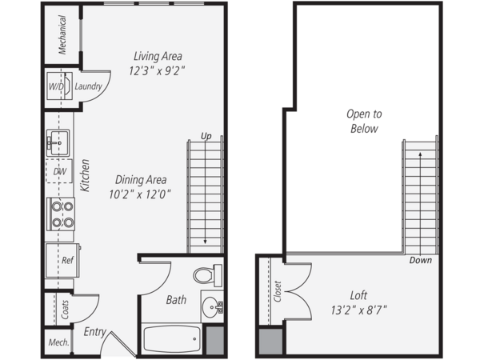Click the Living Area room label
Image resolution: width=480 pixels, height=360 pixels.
click(x=158, y=56)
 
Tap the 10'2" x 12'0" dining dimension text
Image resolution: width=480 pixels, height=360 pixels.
click(x=140, y=194)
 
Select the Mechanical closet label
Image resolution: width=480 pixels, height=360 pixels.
click(x=62, y=35)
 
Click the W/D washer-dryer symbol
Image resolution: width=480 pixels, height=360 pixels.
click(x=59, y=86)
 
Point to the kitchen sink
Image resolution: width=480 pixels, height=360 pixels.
click(x=58, y=143)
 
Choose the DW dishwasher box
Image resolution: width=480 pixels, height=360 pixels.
click(x=59, y=171)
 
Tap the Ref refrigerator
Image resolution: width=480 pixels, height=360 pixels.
click(x=62, y=260)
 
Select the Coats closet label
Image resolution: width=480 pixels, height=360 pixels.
click(x=65, y=309)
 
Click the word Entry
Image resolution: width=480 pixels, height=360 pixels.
click(x=95, y=332)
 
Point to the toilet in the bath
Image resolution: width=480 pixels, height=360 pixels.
click(x=207, y=275)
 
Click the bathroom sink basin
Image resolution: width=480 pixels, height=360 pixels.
click(x=212, y=306)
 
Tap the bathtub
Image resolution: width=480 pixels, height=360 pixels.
click(x=172, y=339)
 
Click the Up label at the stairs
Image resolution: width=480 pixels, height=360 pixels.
click(x=206, y=136)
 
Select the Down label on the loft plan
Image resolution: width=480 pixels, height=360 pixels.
click(x=421, y=260)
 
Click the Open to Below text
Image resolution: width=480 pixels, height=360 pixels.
click(x=364, y=122)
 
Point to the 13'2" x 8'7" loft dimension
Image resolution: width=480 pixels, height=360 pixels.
click(x=358, y=310)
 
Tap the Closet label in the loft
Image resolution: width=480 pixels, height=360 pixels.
click(x=278, y=291)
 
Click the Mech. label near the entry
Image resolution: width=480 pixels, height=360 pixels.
click(x=58, y=342)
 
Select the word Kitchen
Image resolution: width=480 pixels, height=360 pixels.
click(x=85, y=175)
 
